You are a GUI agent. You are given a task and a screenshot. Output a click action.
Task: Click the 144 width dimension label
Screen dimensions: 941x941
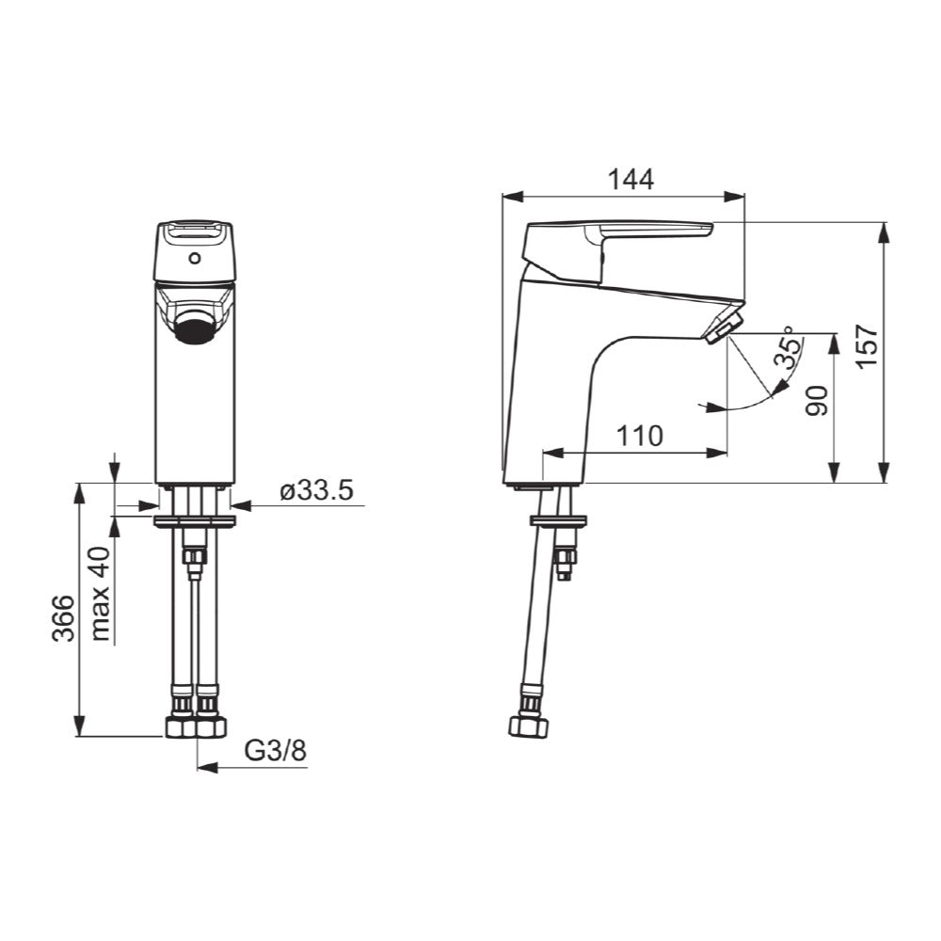point(629,179)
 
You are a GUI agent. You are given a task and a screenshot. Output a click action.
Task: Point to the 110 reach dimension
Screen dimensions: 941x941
point(640,435)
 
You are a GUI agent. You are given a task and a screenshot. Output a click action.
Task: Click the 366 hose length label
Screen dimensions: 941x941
point(63,618)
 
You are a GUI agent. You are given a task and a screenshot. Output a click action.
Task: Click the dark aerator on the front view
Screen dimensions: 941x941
point(196,331)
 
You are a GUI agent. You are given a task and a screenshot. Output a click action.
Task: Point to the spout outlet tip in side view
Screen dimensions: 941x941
point(723,329)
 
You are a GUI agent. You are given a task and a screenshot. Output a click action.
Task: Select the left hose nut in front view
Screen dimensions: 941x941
point(179,726)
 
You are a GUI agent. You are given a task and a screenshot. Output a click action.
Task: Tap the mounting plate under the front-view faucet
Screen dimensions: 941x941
point(196,518)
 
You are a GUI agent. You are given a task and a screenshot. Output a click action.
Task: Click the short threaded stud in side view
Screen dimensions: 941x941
point(566,562)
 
